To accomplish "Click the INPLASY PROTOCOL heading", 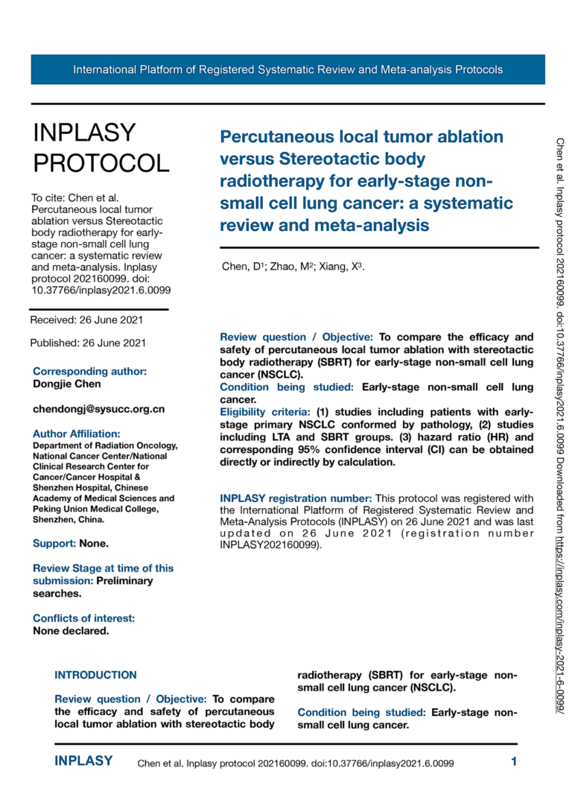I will coord(101,147).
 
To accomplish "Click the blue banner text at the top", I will coord(287,70).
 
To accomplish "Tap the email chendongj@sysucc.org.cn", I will coord(99,408).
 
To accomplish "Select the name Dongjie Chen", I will coord(67,384).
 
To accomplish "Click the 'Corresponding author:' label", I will coord(89,371).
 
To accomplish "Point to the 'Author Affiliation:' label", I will coord(77,433).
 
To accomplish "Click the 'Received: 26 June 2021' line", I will coord(86,320).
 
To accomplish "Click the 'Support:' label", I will coord(54,543).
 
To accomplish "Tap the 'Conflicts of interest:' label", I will coord(84,618).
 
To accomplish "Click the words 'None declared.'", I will coord(71,630).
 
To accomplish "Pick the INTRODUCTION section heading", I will coord(95,675).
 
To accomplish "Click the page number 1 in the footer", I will coord(514,761).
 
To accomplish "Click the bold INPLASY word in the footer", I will coord(84,761).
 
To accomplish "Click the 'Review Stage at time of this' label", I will coord(103,568).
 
